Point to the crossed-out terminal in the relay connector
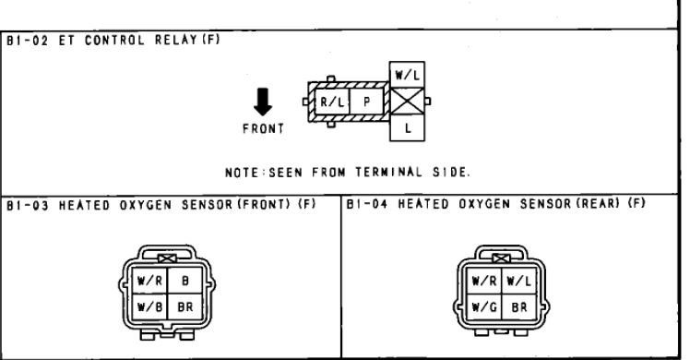click(404, 102)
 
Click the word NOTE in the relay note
click(242, 172)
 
